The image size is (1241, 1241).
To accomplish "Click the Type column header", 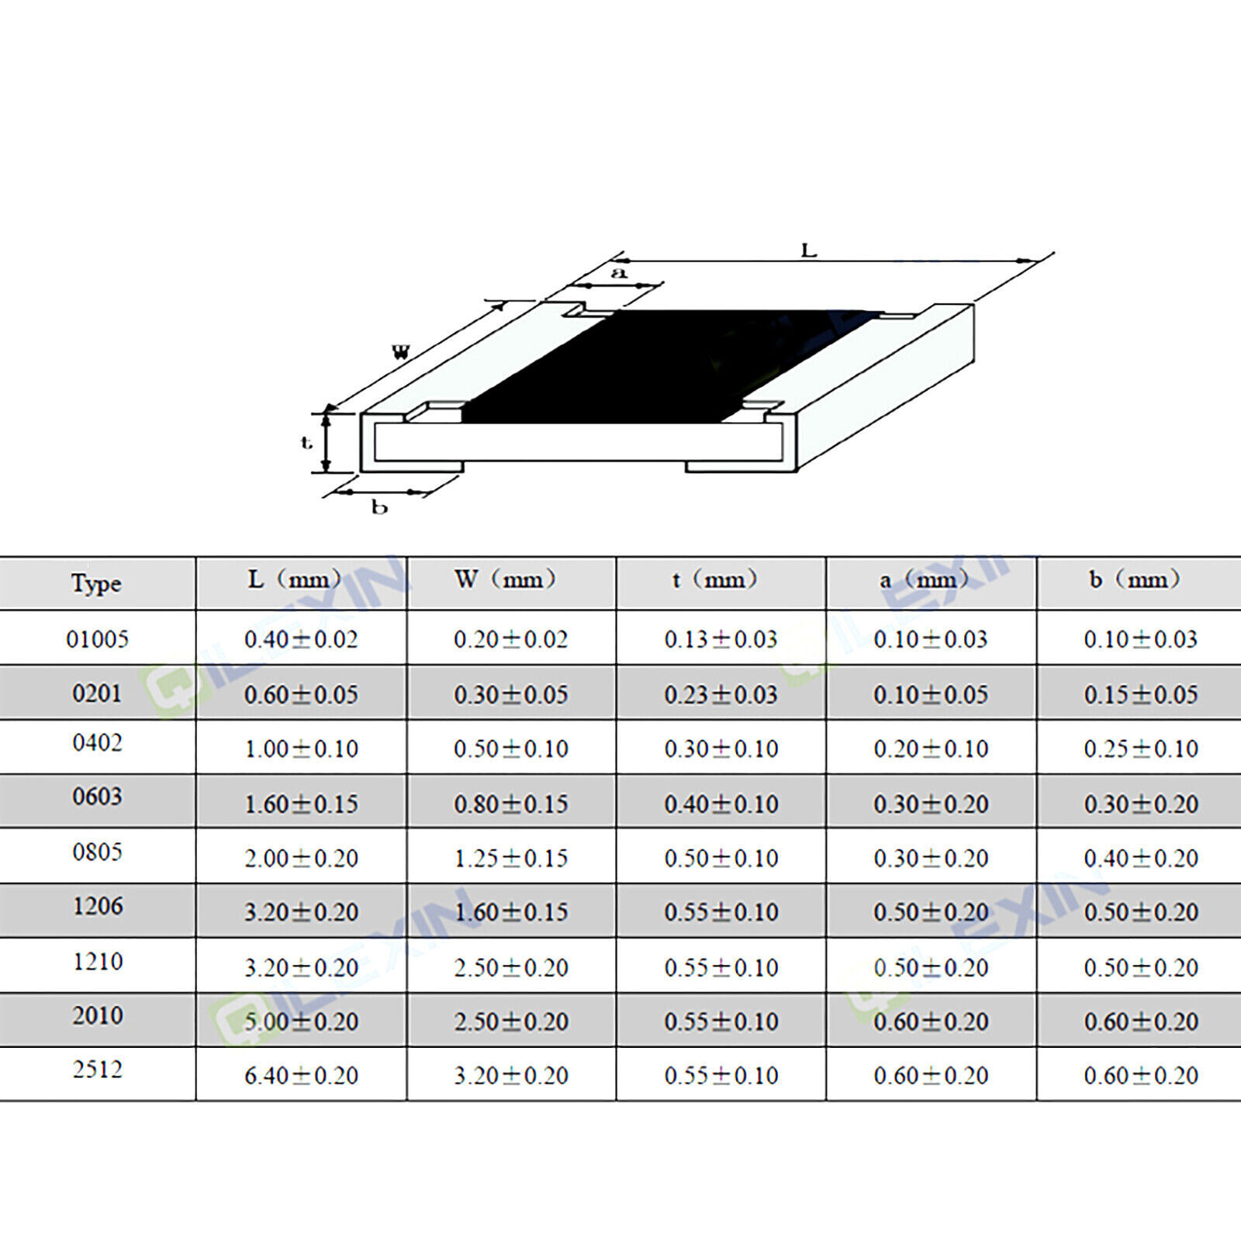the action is (x=96, y=583).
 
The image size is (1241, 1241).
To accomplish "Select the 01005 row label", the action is (x=97, y=639).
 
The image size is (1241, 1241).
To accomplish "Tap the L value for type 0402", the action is (x=302, y=748).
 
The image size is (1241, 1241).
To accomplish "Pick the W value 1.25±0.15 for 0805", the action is (x=511, y=858).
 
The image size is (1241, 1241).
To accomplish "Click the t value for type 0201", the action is (x=721, y=694).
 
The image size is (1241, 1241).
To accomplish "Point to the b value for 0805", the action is (x=1141, y=858).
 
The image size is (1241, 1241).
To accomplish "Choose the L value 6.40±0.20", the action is (x=302, y=1076).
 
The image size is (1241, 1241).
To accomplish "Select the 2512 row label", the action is (x=98, y=1070).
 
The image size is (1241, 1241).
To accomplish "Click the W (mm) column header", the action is (x=506, y=579).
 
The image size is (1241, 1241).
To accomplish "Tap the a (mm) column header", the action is (x=924, y=579).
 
